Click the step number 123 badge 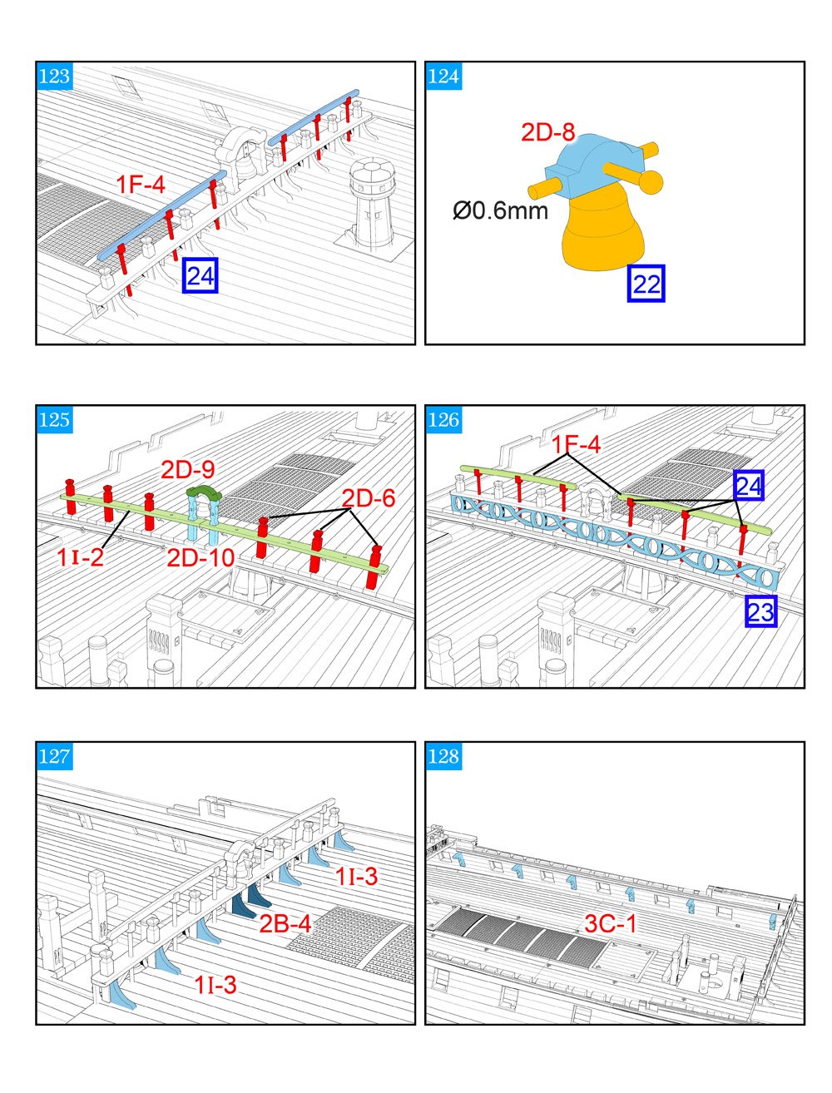tap(55, 77)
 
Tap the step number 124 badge tap(443, 77)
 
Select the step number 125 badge tap(55, 420)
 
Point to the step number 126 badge tap(443, 420)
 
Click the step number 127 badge tap(55, 756)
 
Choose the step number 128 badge tap(443, 756)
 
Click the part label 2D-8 tap(548, 132)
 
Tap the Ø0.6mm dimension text tap(500, 210)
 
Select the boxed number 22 tap(646, 284)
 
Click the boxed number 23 tap(760, 612)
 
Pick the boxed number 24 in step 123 tap(200, 275)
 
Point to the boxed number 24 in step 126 tap(748, 486)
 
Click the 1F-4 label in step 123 tap(141, 185)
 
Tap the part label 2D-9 tap(188, 469)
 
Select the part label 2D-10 tap(201, 557)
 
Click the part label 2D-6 tap(369, 498)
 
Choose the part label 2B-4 tap(285, 923)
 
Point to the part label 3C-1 tap(611, 923)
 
